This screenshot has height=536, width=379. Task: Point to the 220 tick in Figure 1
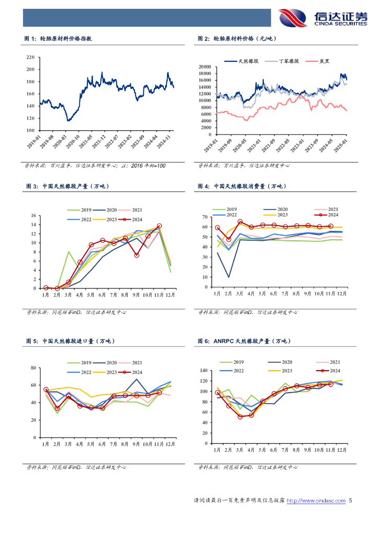(30, 57)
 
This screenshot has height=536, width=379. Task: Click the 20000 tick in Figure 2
(204, 67)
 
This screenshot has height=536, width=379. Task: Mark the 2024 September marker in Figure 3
(136, 255)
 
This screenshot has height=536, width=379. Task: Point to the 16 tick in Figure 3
(32, 216)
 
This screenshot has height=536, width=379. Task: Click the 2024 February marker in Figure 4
(228, 239)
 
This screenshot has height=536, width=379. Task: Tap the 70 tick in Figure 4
(206, 217)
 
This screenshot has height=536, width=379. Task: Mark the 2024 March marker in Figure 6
(240, 417)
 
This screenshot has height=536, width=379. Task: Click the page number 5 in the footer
(351, 501)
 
